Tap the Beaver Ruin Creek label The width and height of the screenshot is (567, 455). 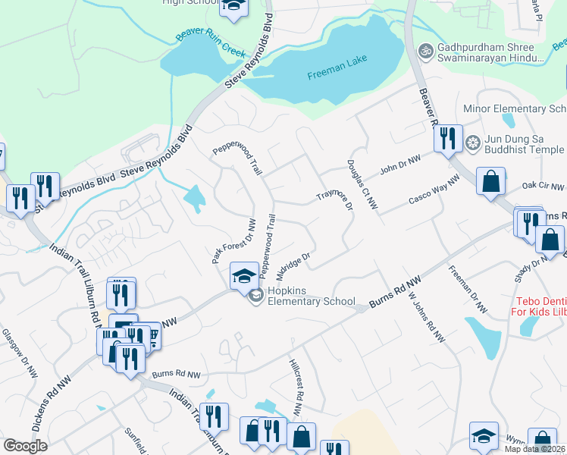tap(211, 44)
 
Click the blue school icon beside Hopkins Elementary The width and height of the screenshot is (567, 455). tap(244, 276)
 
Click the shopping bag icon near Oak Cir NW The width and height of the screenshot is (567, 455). tap(491, 182)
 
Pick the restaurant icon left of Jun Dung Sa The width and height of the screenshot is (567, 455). tap(448, 139)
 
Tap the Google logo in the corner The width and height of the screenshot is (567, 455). tap(26, 446)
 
